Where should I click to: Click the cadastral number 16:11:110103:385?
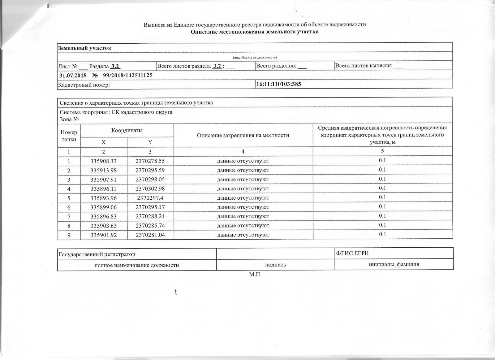point(279,84)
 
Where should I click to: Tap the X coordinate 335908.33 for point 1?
point(104,161)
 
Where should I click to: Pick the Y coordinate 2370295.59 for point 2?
point(150,170)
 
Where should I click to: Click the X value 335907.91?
point(104,180)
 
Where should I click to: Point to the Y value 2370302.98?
point(150,189)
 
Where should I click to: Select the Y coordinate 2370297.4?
point(150,198)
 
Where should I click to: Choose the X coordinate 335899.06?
point(104,207)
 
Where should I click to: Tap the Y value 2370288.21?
point(150,216)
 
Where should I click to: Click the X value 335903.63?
point(104,225)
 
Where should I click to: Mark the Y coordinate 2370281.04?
point(150,235)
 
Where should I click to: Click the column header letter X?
point(104,142)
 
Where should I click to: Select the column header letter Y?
point(150,142)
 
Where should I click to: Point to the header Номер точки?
point(69,136)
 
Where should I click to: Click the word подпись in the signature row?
point(275,265)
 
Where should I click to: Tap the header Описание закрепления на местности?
point(243,135)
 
